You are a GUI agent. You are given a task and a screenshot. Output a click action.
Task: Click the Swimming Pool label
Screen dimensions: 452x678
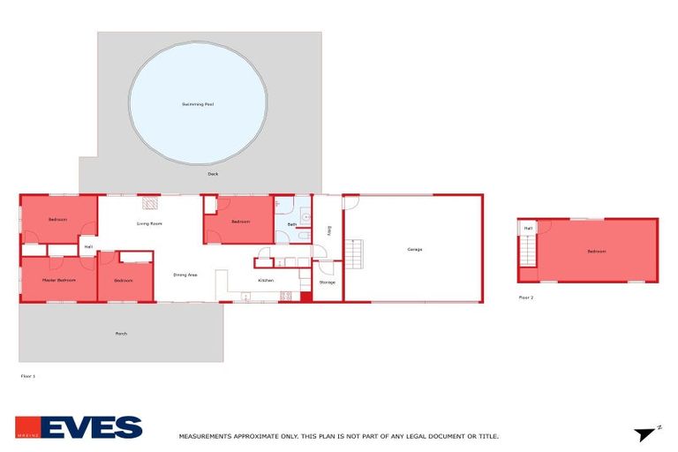click(198, 104)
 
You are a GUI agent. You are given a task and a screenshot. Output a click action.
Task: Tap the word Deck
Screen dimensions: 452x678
click(213, 174)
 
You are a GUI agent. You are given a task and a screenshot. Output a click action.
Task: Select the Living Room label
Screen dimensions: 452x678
click(149, 223)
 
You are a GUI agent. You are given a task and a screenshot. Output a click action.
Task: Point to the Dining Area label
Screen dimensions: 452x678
click(185, 275)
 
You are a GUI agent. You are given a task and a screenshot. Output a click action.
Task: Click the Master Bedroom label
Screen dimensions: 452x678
click(58, 280)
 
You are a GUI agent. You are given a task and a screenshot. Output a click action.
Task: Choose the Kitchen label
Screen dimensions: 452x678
click(265, 281)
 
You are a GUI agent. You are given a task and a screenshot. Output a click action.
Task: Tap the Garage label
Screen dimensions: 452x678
click(414, 249)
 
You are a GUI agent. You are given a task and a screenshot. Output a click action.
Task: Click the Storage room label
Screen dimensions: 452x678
click(327, 282)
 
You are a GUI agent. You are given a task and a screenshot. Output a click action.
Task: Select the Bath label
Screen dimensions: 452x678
click(291, 225)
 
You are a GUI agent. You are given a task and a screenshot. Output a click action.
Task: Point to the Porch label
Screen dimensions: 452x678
click(121, 334)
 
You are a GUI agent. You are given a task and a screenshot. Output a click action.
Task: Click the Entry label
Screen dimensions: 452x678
click(328, 231)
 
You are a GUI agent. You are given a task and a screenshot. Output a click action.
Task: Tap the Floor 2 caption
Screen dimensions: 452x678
click(526, 298)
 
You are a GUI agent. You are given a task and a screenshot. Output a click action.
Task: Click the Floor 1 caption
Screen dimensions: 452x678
click(27, 376)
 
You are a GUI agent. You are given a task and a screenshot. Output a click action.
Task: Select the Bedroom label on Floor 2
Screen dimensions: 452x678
click(597, 251)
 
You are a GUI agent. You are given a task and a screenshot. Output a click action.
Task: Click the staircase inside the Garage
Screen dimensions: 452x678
click(355, 256)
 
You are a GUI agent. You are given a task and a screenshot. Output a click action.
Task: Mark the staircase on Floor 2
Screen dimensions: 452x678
click(528, 252)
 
